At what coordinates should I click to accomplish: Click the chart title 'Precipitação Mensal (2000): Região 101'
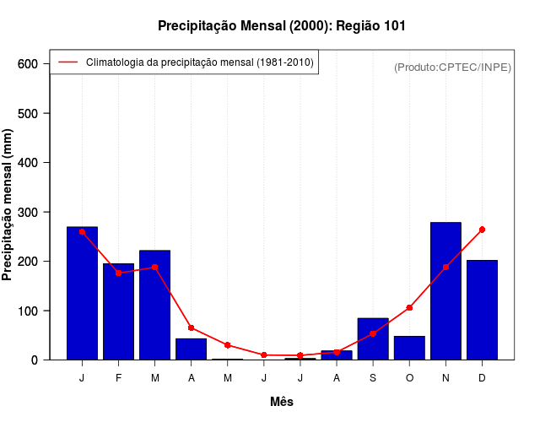point(282,26)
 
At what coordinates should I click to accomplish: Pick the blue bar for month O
point(409,348)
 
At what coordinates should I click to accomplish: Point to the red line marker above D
point(482,230)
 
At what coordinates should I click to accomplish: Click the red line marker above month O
point(409,308)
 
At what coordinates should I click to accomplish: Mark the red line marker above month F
point(119,273)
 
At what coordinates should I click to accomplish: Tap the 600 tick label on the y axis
point(28,64)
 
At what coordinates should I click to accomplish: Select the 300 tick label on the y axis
point(28,212)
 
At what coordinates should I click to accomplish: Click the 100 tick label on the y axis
point(28,311)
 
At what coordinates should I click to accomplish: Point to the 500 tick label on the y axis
point(28,113)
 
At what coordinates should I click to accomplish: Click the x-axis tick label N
point(445,378)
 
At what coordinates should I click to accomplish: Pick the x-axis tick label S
point(373,378)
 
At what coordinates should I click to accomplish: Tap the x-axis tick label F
point(119,378)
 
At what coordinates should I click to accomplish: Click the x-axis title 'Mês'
point(282,402)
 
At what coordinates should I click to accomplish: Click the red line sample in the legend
point(67,62)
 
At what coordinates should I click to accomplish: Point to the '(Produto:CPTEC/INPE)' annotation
point(453,68)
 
